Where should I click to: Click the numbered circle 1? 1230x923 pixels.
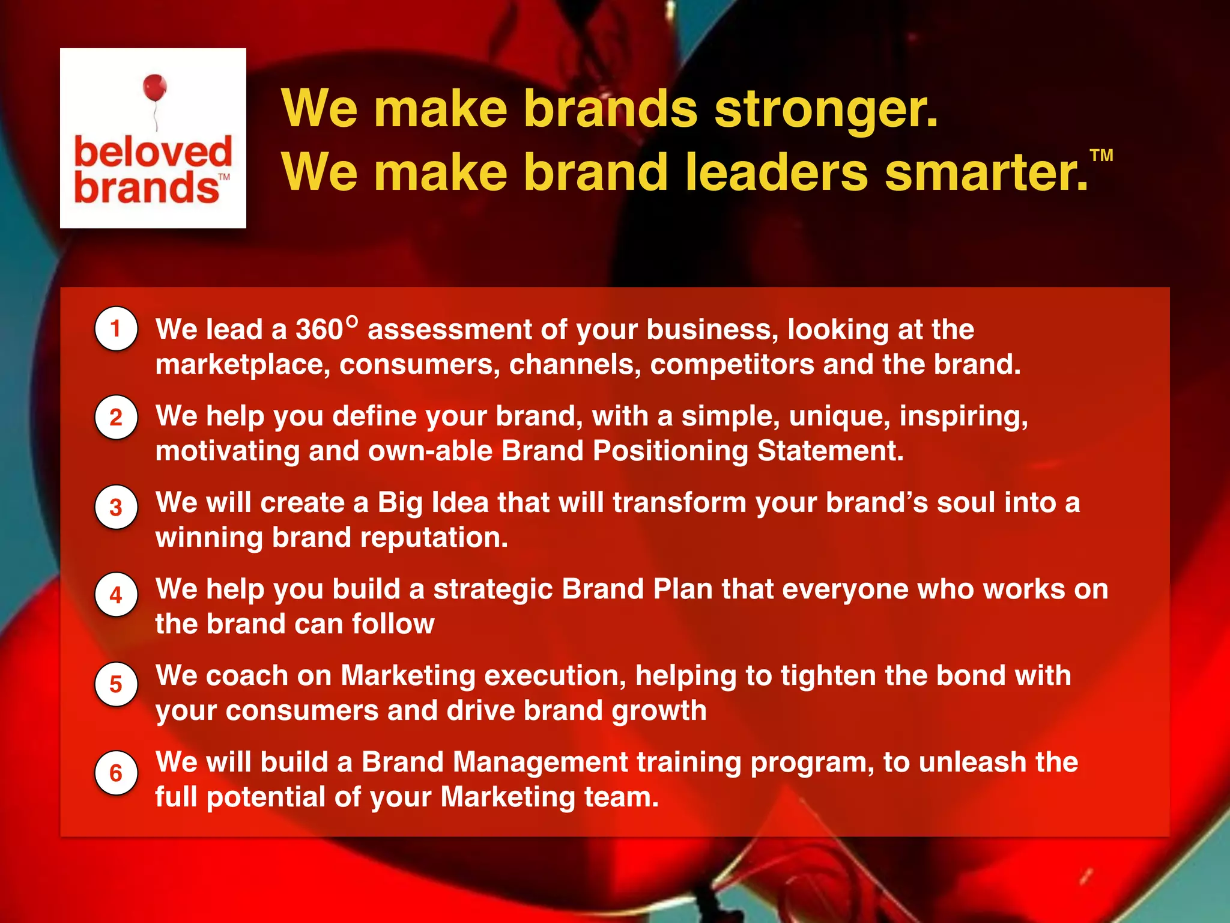point(116,329)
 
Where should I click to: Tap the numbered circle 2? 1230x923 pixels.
point(116,417)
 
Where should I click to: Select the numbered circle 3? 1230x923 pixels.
point(116,507)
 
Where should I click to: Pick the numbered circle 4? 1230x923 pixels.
point(116,595)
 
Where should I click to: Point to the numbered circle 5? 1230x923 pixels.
point(116,684)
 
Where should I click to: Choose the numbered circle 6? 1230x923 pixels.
point(116,773)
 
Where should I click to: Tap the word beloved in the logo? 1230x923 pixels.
point(153,151)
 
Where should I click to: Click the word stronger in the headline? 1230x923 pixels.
point(825,109)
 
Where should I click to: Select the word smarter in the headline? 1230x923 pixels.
point(985,172)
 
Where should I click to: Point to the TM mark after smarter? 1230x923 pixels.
point(1101,156)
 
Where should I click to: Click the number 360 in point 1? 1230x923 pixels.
point(319,330)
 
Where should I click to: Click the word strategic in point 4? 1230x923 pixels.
point(492,589)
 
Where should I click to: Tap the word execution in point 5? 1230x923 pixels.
point(555,676)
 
